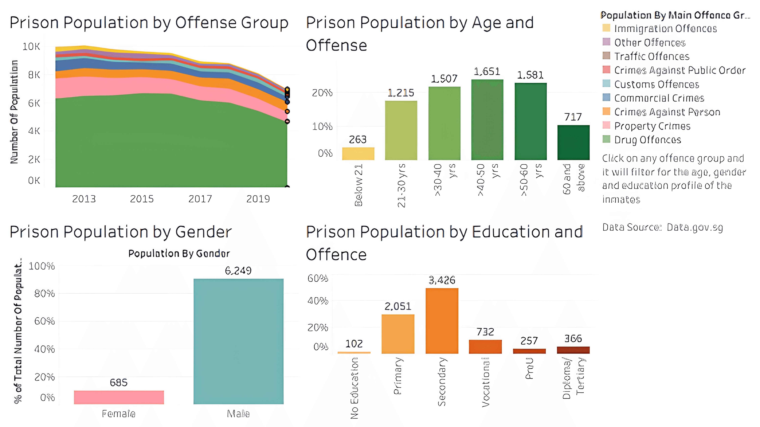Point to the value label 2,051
coord(398,306)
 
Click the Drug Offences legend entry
coord(647,140)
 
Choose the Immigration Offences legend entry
coord(665,29)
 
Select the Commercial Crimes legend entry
coord(659,98)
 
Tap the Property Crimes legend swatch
coord(606,125)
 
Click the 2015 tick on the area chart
coord(142,199)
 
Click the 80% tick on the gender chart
coord(44,293)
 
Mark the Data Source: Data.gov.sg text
coord(662,228)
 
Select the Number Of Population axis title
coord(14,112)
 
